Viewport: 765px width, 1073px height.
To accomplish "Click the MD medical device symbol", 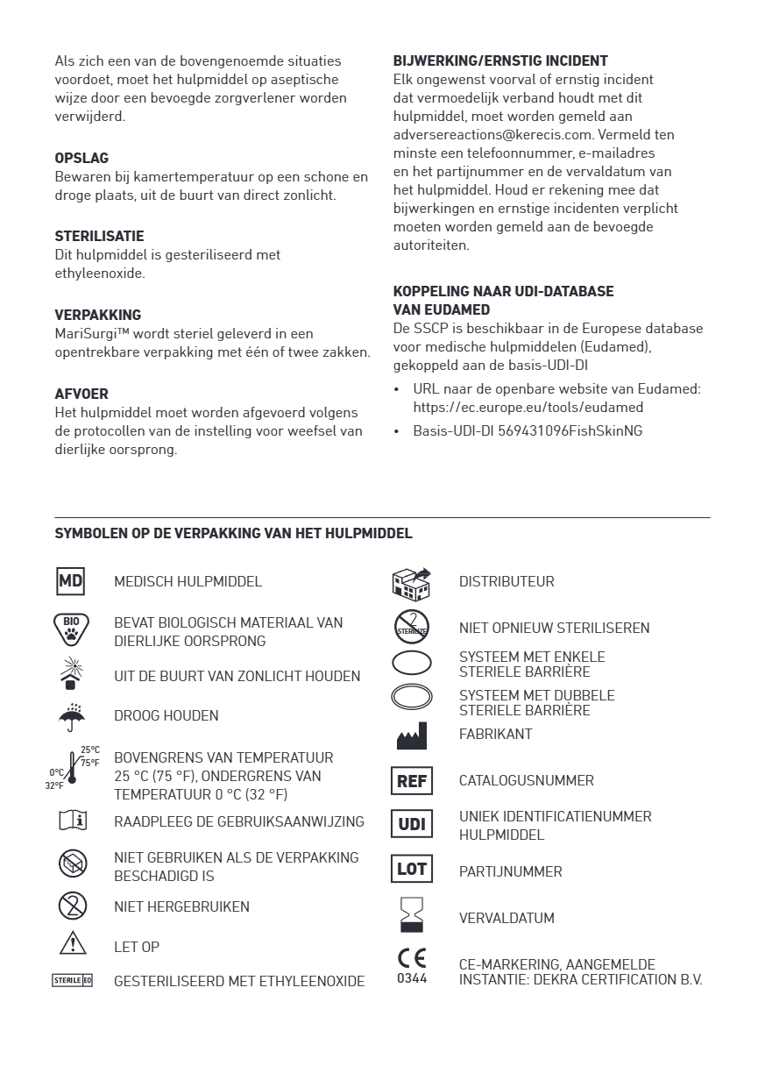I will click(70, 581).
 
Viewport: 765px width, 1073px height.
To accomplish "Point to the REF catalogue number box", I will click(411, 780).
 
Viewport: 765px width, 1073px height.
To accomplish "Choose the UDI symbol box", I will click(411, 825).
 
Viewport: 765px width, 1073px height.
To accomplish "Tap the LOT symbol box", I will click(411, 870).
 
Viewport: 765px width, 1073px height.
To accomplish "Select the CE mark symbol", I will click(412, 957).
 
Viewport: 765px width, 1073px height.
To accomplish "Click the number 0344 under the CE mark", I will click(412, 977).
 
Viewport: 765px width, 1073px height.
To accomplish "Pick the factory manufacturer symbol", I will click(411, 735).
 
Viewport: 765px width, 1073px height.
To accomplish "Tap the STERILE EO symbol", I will click(72, 980).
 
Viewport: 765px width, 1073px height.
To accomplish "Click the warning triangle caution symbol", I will click(72, 945).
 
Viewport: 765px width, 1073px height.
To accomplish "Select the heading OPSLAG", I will click(81, 159).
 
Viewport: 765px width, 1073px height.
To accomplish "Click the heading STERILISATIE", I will click(99, 237).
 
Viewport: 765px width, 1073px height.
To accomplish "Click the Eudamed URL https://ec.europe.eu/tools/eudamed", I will click(528, 408).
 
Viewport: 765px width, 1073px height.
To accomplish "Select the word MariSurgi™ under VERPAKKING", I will click(85, 334).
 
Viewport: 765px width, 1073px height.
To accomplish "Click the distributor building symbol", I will click(411, 583).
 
